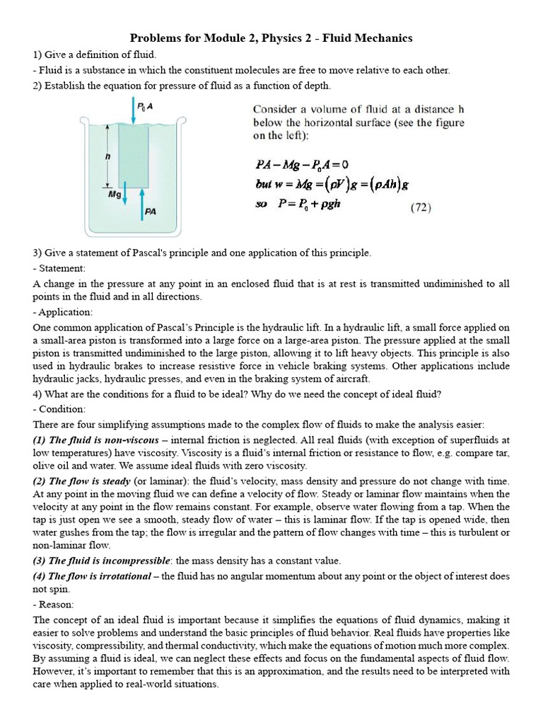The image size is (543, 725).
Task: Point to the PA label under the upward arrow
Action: (x=150, y=211)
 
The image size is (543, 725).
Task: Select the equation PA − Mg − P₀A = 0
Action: (x=302, y=165)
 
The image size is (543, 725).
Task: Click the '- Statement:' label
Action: (x=59, y=268)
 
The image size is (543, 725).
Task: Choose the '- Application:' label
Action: (x=62, y=312)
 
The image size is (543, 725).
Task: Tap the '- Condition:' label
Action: (x=59, y=409)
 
